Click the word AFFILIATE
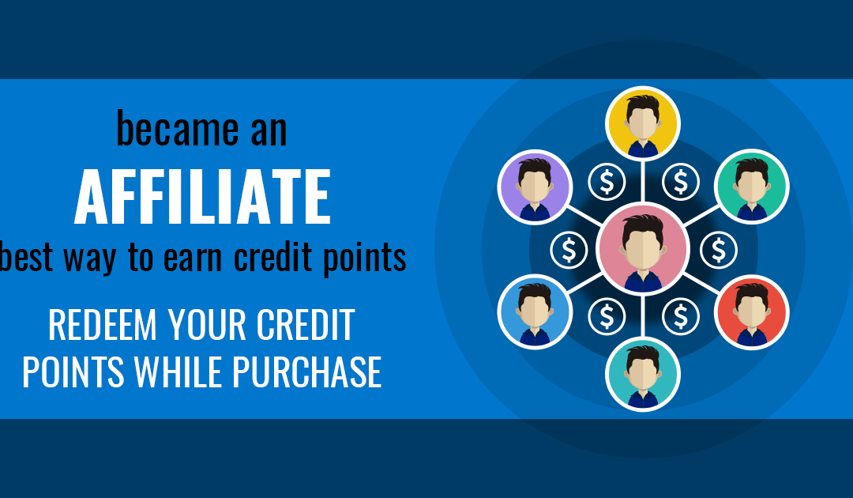point(202,197)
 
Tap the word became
point(178,128)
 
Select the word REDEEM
point(102,325)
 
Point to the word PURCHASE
point(306,372)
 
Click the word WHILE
point(180,372)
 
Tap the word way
point(90,259)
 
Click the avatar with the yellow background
point(642,123)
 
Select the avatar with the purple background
point(535,187)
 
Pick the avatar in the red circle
point(751,312)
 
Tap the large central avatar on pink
point(642,249)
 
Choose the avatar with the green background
point(751,187)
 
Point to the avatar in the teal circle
point(642,375)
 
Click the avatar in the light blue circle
point(535,312)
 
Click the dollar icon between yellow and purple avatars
point(607,182)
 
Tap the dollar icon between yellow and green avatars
point(681,182)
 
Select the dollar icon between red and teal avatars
point(681,316)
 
